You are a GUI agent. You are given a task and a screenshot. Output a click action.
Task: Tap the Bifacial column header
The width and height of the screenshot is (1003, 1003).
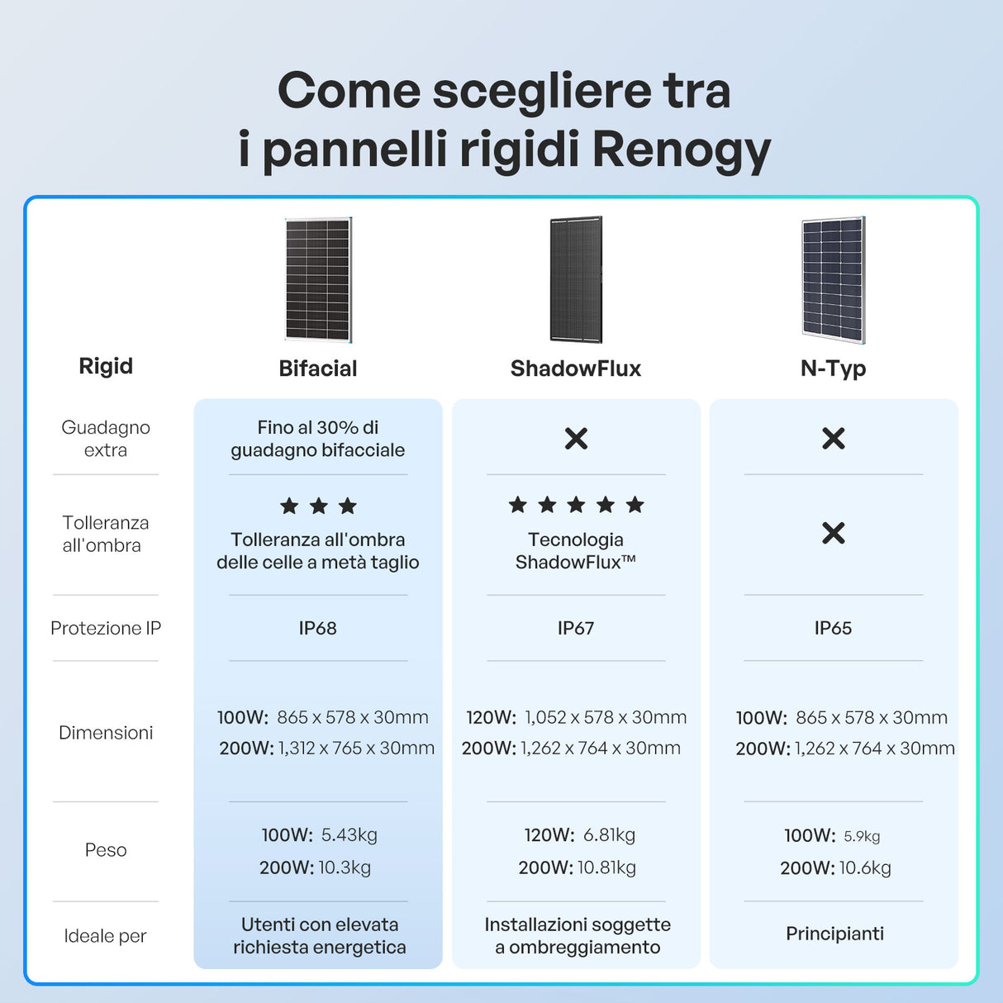coord(318,368)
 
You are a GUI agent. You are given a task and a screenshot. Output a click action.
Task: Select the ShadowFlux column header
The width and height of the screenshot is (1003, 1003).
coord(576,368)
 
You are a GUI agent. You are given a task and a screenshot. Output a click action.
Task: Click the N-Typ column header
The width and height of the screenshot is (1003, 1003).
coord(833,369)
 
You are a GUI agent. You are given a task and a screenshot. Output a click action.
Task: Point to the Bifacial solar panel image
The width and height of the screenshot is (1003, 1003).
coord(319,279)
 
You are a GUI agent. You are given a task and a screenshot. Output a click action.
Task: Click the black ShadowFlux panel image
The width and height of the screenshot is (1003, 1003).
coord(576,279)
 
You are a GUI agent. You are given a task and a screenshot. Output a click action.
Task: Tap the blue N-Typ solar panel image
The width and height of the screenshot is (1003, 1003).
coord(834,280)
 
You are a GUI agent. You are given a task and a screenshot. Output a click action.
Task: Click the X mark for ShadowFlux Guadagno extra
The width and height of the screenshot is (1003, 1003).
coord(576,438)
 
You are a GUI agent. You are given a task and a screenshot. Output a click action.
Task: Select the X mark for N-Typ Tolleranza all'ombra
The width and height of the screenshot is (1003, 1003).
coord(834,533)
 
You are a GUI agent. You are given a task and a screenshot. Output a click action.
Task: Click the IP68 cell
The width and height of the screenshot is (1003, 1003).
coord(317,628)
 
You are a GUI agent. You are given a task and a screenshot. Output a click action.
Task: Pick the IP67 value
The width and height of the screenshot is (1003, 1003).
coord(576,628)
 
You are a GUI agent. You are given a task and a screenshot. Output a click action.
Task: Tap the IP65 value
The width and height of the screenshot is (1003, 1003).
coord(834,628)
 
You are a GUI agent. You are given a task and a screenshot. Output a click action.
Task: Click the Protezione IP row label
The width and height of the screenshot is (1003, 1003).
coord(106,628)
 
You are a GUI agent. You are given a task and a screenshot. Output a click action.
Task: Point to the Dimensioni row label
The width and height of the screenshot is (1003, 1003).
coord(106,733)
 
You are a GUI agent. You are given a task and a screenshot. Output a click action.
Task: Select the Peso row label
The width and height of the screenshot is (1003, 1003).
coord(106,850)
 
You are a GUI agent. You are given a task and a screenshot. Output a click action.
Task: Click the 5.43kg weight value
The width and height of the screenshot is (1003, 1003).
coord(349,835)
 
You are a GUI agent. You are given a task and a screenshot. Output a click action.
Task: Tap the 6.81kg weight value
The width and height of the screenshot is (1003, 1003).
coord(610,835)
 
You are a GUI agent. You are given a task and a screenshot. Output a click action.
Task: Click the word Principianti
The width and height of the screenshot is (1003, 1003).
coord(835,934)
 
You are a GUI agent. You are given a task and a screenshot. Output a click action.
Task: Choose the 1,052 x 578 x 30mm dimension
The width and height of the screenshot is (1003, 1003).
coord(606,718)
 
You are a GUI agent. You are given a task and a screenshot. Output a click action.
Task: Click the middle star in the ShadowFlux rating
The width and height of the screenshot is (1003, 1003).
coord(576,504)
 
